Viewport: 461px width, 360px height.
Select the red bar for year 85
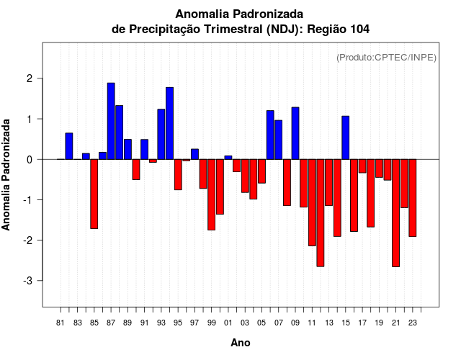(x=94, y=194)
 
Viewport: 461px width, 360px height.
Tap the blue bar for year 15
(x=346, y=138)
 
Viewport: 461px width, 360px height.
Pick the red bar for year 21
(x=395, y=212)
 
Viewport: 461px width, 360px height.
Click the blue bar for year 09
(x=295, y=133)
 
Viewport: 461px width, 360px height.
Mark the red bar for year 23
(x=413, y=197)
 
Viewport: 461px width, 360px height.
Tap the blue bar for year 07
(x=279, y=140)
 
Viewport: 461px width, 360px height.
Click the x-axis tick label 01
(x=228, y=323)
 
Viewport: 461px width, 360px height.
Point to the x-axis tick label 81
(x=61, y=323)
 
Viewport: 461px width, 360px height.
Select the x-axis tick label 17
(x=362, y=323)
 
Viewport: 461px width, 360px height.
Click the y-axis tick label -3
(x=29, y=280)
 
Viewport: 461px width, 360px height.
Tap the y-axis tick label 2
(x=31, y=78)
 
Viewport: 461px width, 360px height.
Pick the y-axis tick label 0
(x=31, y=159)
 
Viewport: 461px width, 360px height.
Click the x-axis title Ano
(x=241, y=343)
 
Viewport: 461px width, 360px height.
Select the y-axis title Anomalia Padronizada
(x=7, y=175)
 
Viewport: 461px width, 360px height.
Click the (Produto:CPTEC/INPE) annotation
(x=387, y=57)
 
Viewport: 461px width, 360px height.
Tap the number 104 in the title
(x=359, y=30)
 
